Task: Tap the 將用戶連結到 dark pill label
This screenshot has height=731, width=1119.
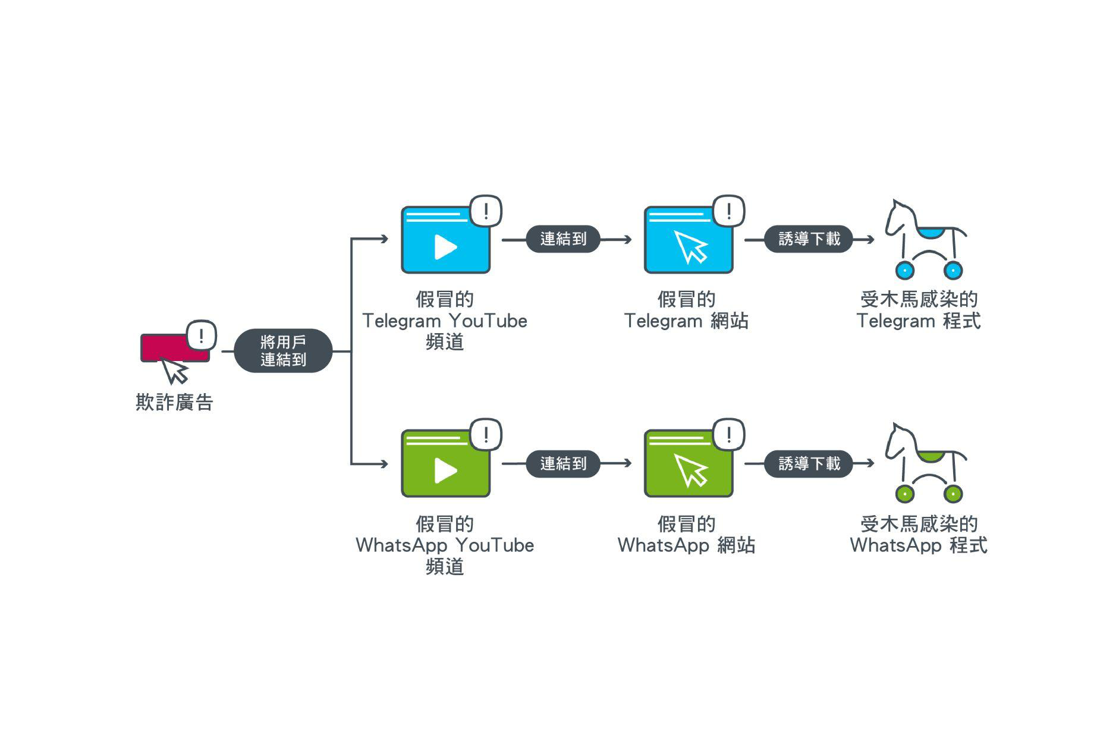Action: coord(283,351)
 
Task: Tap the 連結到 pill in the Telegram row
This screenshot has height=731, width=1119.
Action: coord(563,239)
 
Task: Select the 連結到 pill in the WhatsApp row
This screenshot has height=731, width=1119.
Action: coord(563,463)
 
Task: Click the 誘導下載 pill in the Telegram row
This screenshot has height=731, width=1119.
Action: coord(809,239)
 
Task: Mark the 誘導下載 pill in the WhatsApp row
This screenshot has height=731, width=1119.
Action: coord(809,463)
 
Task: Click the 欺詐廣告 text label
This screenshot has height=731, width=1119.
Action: coord(174,403)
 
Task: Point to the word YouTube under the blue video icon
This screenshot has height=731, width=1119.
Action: coord(488,321)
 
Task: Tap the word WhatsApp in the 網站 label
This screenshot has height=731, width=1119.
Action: coord(663,545)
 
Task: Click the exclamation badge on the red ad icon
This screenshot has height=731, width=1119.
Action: coord(202,336)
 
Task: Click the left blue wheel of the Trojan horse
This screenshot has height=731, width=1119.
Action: coord(904,270)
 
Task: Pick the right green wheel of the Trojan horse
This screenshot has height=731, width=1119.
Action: coord(953,494)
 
